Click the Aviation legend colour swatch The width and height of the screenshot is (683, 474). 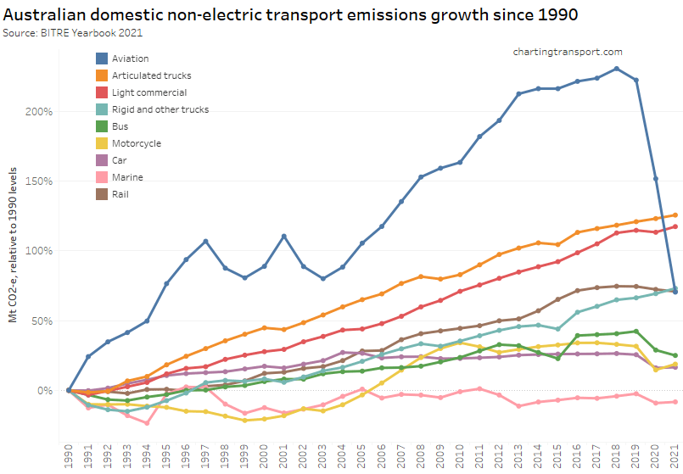(102, 59)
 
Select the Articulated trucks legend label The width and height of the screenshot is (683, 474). (145, 75)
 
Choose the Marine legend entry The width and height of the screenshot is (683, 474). (127, 177)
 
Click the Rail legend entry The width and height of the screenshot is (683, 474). (121, 194)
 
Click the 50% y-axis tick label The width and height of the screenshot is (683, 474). (42, 321)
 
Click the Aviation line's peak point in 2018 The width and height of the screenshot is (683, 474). (616, 69)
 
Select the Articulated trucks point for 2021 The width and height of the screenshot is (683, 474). (675, 215)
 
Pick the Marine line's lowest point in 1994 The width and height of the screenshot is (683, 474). (147, 422)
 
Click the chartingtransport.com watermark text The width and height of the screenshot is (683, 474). (568, 53)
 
